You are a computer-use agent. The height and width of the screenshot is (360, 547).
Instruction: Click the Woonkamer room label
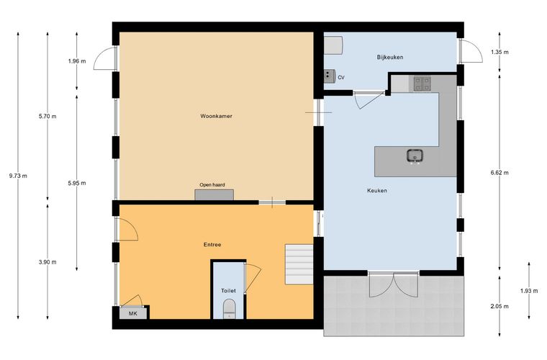(x=217, y=116)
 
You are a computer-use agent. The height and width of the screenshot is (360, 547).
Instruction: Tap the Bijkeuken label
(x=390, y=57)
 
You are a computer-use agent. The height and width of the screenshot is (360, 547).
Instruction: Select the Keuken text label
(x=377, y=191)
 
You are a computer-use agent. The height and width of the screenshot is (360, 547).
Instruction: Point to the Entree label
(x=212, y=245)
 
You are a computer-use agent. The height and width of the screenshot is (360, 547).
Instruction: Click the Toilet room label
(x=228, y=291)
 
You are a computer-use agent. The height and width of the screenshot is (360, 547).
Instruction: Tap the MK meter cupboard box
(x=133, y=313)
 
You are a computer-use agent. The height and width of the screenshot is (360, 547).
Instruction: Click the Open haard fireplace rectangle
(x=214, y=194)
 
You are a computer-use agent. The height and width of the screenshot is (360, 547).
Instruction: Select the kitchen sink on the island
(x=415, y=156)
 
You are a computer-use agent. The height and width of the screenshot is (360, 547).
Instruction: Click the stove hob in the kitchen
(x=422, y=84)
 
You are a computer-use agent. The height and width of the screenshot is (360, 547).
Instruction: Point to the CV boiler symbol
(x=330, y=76)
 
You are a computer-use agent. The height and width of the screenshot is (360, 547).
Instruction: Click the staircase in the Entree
(x=299, y=264)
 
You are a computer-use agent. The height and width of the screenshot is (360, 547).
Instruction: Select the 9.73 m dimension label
(x=18, y=176)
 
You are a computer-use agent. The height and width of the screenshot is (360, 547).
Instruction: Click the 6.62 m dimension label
(x=499, y=172)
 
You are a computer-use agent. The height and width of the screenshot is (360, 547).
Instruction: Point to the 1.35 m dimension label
(x=499, y=53)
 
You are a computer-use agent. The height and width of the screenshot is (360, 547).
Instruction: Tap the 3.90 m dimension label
(x=48, y=262)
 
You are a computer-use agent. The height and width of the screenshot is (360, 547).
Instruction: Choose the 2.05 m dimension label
(x=499, y=306)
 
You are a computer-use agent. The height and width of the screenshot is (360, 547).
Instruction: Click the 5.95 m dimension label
(x=77, y=183)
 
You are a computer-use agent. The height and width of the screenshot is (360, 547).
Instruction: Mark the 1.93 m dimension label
(x=529, y=291)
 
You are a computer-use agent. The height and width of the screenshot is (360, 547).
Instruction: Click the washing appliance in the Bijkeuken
(x=333, y=45)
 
